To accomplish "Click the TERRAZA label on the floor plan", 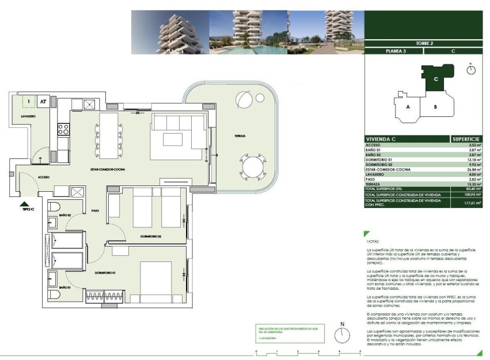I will point(240,136).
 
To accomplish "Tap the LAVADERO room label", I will point(28,116).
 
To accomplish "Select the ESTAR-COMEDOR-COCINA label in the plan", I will point(108,169).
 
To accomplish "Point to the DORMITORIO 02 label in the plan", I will point(151,236).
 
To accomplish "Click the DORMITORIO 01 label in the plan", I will point(107,272).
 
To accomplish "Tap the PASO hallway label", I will point(96,211).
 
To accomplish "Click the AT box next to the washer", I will point(43,102).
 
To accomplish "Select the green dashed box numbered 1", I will point(27,102).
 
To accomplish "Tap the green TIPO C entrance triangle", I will point(24,204).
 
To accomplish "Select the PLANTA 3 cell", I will point(394,51).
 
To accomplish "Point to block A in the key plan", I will point(407,107).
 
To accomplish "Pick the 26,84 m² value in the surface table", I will point(473,170).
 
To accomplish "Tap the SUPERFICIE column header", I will point(466,139).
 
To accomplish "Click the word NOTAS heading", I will point(374,242).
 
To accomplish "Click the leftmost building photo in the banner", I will point(170,33).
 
